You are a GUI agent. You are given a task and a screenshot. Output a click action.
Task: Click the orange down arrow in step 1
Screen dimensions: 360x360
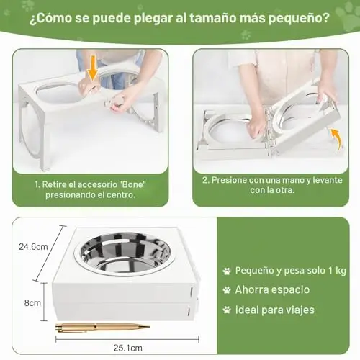[x=92, y=68]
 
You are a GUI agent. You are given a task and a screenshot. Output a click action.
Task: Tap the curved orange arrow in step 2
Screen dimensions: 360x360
[x=338, y=139]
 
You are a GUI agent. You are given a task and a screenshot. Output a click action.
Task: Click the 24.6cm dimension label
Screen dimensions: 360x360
[x=33, y=247]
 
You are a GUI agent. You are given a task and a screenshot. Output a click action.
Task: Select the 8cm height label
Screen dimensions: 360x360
[x=32, y=303]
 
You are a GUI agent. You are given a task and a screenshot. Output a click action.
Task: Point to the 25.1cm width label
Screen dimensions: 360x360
[x=127, y=348]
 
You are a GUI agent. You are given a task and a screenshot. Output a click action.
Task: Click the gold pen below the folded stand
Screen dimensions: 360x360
[x=102, y=328]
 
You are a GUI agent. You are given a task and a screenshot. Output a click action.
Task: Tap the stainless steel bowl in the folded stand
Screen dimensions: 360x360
[x=125, y=253]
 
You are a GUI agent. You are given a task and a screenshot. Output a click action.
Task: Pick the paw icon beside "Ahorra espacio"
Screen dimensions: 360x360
[x=227, y=290]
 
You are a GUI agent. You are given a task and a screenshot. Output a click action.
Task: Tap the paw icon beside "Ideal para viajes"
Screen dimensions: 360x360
[x=227, y=310]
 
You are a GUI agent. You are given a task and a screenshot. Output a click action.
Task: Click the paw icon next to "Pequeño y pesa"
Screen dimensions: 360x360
[x=227, y=271]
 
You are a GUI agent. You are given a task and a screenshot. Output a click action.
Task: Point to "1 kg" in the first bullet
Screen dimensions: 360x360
[x=337, y=271]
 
